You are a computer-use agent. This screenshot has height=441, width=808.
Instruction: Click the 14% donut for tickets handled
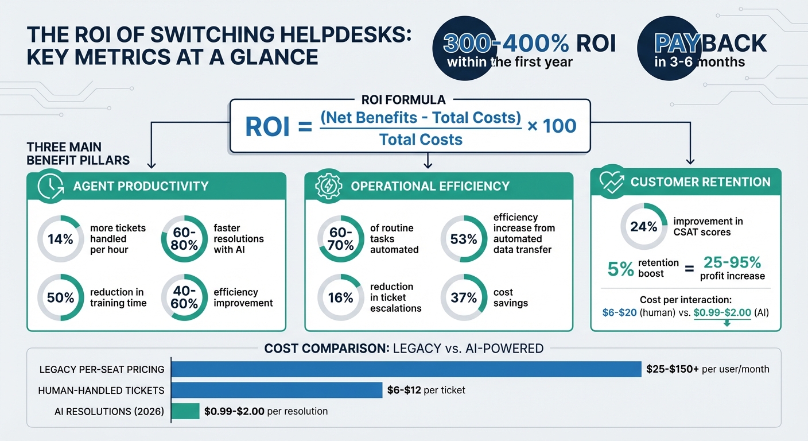[x=60, y=238]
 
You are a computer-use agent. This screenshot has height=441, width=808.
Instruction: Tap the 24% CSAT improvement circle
[x=644, y=227]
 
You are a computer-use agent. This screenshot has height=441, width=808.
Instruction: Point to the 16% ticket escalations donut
[x=340, y=297]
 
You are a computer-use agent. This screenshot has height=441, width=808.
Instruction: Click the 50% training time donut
[x=60, y=297]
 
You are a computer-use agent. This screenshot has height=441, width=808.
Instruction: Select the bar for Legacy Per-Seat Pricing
[x=406, y=369]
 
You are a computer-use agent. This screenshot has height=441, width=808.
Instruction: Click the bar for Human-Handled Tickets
[x=277, y=390]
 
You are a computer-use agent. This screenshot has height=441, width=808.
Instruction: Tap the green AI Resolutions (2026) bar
[x=185, y=411]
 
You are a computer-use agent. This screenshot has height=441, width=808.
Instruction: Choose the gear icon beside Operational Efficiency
[x=327, y=186]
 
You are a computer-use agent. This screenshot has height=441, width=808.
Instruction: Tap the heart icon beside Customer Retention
[x=611, y=182]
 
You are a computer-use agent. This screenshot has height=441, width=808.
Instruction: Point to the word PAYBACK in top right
[x=710, y=43]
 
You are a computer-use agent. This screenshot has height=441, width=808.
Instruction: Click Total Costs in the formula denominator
[x=421, y=139]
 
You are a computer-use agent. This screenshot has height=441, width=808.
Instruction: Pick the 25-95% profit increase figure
[x=732, y=263]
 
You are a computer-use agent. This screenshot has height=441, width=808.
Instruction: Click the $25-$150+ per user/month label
[x=707, y=369]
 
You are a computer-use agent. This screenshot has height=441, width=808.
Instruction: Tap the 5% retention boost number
[x=621, y=268]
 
